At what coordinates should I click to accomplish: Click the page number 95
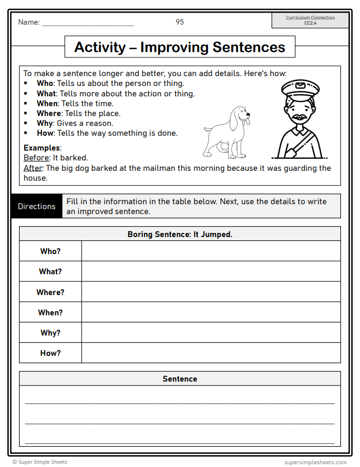pos(179,22)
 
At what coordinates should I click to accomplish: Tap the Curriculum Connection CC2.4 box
pos(310,20)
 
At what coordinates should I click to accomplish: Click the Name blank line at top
pos(88,24)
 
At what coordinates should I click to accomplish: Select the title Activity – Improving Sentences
pos(179,47)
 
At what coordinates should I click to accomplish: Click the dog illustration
pos(227,131)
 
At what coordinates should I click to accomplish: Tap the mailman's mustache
pos(299,117)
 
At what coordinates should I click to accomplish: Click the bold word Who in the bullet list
pos(45,84)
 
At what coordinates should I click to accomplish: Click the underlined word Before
pos(36,158)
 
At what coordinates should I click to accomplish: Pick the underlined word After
pos(33,168)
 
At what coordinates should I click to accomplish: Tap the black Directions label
pos(37,206)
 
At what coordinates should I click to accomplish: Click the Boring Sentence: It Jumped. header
pos(179,234)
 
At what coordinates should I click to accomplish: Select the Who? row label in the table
pos(50,251)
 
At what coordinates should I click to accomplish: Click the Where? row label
pos(50,292)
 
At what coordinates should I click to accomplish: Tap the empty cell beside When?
pos(211,313)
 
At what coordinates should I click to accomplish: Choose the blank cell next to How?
pos(211,353)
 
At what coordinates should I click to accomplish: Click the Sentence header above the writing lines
pos(179,379)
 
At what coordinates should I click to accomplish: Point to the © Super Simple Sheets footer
pos(40,462)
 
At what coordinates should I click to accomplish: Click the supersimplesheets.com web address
pos(315,462)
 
